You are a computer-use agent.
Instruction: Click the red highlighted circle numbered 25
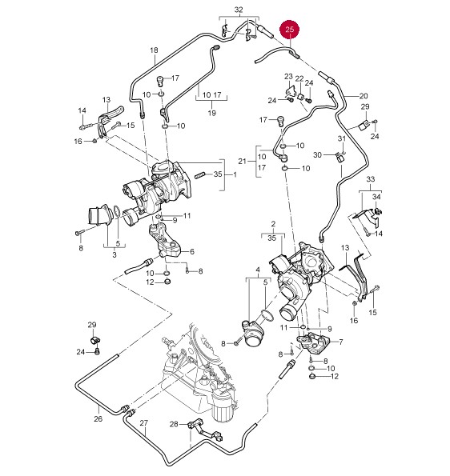coord(290,30)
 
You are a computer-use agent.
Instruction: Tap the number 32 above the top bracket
coord(239,10)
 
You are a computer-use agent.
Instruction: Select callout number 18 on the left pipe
coord(154,50)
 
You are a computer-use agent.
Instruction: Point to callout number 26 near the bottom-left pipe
coord(98,419)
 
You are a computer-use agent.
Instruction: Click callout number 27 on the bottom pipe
coord(143,423)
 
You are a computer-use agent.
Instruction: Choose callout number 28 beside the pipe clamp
coord(174,424)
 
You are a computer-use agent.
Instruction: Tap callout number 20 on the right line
coord(364,96)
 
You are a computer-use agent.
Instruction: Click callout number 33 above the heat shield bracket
coord(371,179)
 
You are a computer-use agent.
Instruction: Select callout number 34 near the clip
coord(376,197)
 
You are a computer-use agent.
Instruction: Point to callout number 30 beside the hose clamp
coord(317,155)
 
